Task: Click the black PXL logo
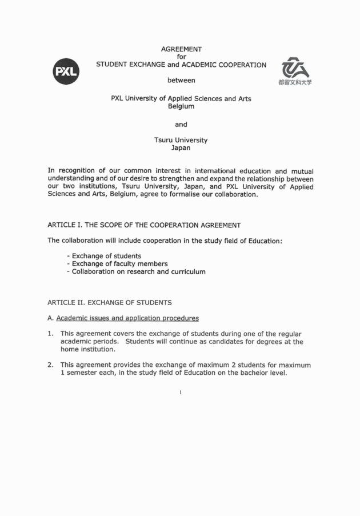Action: [x=66, y=71]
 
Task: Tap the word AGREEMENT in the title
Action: [x=181, y=49]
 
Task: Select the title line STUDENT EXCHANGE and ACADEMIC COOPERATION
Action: [x=181, y=65]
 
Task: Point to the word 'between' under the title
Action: [x=181, y=80]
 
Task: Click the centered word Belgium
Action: [x=181, y=106]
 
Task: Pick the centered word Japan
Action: [x=181, y=147]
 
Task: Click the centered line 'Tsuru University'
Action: [x=181, y=140]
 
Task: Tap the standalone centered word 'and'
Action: [x=181, y=124]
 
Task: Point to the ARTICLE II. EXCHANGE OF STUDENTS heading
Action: [x=109, y=302]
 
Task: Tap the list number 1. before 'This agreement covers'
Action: [x=51, y=334]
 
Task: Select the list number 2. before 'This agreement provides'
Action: [x=51, y=365]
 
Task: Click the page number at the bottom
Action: [x=181, y=393]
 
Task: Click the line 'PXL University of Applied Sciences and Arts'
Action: [x=181, y=98]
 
